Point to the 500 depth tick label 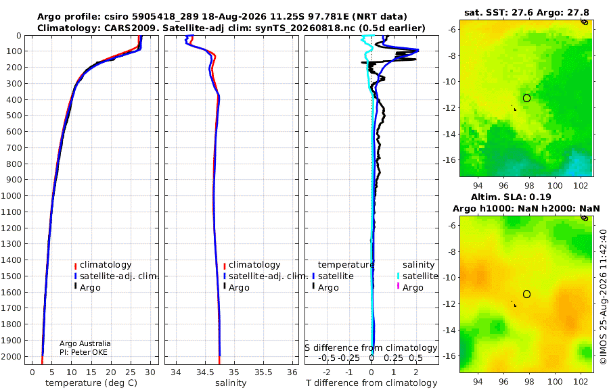14,116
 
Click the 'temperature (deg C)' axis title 91,383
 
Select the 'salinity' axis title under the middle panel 231,383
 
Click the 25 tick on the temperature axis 131,372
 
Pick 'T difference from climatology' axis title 371,383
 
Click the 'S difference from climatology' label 371,348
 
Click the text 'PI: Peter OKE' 83,352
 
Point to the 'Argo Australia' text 85,343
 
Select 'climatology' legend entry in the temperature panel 106,265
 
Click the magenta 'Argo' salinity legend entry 413,288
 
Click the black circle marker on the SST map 526,98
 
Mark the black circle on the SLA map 526,294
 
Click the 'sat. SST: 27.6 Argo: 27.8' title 526,13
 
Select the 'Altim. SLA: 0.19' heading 511,197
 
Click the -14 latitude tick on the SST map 450,134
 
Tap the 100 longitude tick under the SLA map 555,381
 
